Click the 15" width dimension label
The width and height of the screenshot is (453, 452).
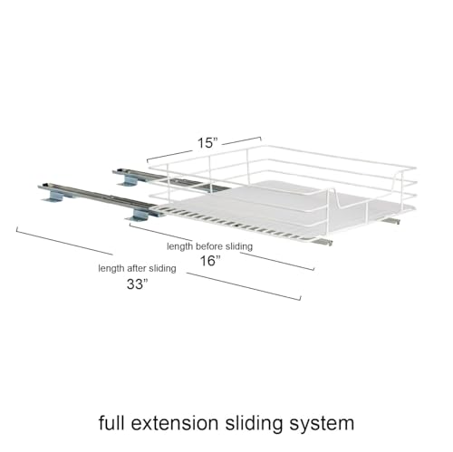[x=207, y=143]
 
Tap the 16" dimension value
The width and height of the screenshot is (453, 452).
[x=210, y=261]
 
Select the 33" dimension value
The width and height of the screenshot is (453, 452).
[x=138, y=284]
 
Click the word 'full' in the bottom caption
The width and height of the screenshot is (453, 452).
[x=111, y=423]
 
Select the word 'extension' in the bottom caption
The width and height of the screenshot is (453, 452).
[x=175, y=423]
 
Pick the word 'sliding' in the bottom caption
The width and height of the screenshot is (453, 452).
[x=254, y=424]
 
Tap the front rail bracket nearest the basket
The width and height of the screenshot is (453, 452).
[x=139, y=216]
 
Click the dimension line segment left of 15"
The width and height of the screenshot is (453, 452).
[x=169, y=156]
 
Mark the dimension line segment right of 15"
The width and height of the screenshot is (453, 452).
[x=242, y=140]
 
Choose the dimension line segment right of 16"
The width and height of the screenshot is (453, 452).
[x=277, y=261]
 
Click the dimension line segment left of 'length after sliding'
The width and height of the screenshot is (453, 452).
[x=64, y=241]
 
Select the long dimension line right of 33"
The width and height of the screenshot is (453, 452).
[x=244, y=286]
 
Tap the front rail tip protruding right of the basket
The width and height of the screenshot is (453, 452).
[x=325, y=242]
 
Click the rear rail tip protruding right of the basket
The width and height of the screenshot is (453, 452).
[x=391, y=221]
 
